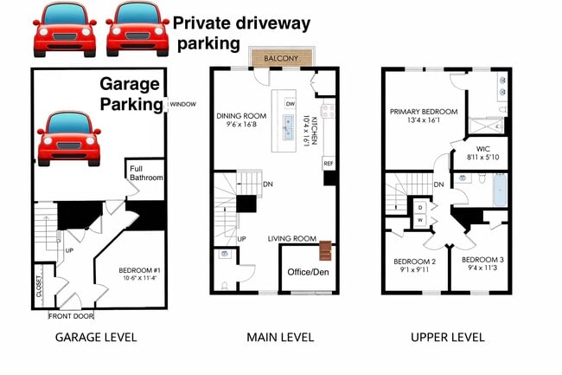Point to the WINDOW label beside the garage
pyautogui.click(x=182, y=103)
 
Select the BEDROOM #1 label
pyautogui.click(x=139, y=270)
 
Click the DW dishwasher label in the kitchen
pyautogui.click(x=291, y=103)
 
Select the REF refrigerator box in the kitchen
pyautogui.click(x=328, y=163)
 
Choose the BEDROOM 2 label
pyautogui.click(x=414, y=262)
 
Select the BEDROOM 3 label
pyautogui.click(x=482, y=259)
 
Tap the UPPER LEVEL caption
pyautogui.click(x=447, y=337)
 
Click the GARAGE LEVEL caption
pyautogui.click(x=96, y=337)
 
